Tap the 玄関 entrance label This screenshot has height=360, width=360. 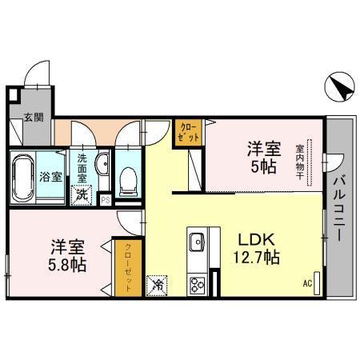33,118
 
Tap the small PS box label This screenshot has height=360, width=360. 104,199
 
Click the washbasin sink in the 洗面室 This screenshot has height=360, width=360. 102,166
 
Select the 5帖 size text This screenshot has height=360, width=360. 262,167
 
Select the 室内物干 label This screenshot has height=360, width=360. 299,163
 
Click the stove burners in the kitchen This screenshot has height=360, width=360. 197,282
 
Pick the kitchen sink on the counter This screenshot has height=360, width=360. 197,241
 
